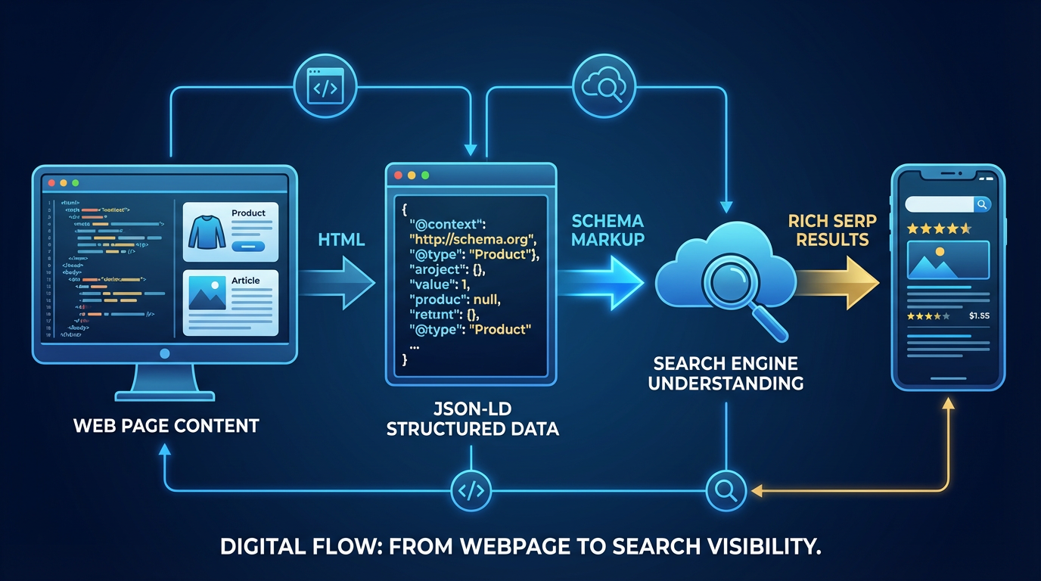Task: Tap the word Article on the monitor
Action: pyautogui.click(x=245, y=281)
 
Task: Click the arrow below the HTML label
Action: pyautogui.click(x=344, y=282)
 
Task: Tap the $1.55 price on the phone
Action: pyautogui.click(x=978, y=315)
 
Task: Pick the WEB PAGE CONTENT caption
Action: pyautogui.click(x=166, y=425)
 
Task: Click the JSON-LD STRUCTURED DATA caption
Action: pyautogui.click(x=472, y=419)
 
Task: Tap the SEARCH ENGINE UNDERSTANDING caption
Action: pyautogui.click(x=726, y=373)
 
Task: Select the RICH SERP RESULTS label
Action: pyautogui.click(x=831, y=230)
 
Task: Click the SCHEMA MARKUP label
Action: pyautogui.click(x=607, y=230)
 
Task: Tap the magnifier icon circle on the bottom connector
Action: pyautogui.click(x=726, y=490)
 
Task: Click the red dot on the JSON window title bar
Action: pyautogui.click(x=398, y=175)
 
